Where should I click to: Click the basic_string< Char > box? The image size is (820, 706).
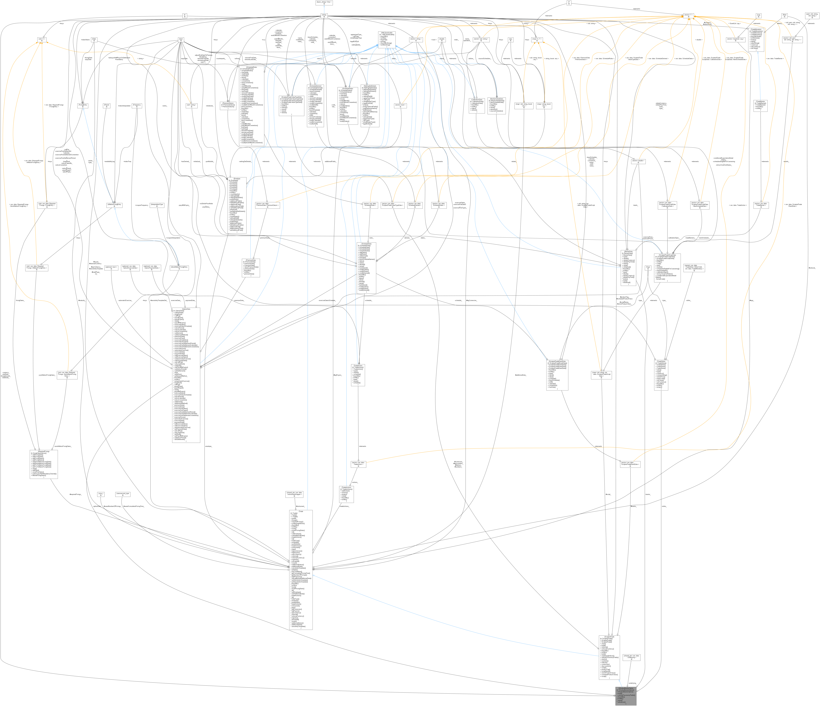click(324, 3)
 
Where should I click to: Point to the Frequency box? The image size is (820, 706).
click(137, 106)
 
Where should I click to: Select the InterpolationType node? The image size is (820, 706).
click(157, 205)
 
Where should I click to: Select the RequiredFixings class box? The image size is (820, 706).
click(44, 464)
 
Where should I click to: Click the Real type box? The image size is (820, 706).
click(784, 16)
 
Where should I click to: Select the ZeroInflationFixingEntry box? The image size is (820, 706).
click(179, 268)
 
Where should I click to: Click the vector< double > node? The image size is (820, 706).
click(638, 161)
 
